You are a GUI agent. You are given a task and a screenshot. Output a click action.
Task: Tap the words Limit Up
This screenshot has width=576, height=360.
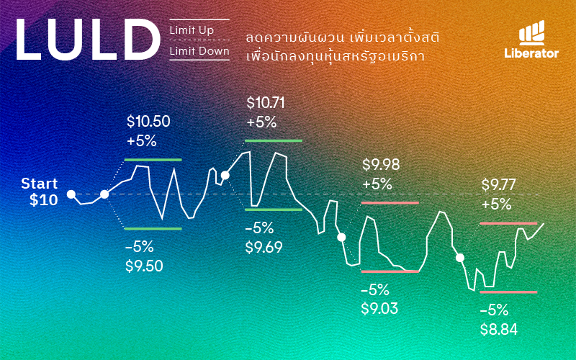pos(192,30)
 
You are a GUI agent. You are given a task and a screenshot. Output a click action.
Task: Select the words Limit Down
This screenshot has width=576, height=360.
pos(199,51)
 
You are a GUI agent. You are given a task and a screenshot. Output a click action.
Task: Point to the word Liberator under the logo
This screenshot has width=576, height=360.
pos(532,53)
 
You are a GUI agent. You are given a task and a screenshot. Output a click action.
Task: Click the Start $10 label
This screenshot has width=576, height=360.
pos(40,192)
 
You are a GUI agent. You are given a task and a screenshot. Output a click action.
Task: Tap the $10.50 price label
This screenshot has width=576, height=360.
pos(148,122)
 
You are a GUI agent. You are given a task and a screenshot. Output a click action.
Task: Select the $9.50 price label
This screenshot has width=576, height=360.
pos(144,266)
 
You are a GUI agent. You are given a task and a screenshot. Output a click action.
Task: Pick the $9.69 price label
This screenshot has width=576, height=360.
pos(264,248)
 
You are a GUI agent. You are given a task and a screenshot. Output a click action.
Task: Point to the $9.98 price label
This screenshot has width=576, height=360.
pos(381,165)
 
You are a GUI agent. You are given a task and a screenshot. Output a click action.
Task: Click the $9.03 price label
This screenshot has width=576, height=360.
pos(380,309)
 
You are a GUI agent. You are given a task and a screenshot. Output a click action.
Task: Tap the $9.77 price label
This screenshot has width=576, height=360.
pos(500,186)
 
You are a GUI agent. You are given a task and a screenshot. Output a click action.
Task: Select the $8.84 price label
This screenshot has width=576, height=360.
pos(499,330)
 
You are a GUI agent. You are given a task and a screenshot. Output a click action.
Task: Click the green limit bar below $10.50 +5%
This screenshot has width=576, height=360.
pos(153,158)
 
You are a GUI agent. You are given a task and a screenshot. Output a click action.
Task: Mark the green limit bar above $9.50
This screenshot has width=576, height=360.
pos(153,228)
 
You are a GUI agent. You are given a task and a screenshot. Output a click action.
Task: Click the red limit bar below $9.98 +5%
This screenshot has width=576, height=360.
pos(390,203)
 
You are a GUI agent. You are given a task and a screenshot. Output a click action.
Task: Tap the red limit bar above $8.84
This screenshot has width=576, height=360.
pos(508,292)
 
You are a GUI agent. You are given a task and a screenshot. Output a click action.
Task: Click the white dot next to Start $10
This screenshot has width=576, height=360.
pos(71,194)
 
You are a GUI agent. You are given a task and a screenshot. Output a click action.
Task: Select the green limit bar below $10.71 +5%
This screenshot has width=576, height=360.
pos(274,140)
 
